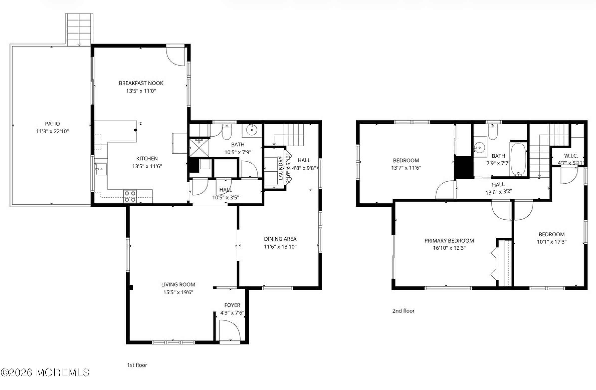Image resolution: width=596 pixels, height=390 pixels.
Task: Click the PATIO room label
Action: [x=52, y=123]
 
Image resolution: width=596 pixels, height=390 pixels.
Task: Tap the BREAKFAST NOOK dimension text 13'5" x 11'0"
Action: [x=141, y=91]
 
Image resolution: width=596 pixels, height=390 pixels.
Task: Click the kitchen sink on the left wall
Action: [x=101, y=169]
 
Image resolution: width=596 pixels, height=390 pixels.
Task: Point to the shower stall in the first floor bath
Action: [x=199, y=148]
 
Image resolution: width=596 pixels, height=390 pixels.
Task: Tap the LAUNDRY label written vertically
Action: [x=280, y=168]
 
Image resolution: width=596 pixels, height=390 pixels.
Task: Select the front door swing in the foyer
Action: [x=229, y=330]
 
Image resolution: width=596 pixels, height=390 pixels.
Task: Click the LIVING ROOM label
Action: [x=178, y=285]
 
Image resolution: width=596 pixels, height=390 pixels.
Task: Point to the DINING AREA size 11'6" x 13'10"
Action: [x=280, y=247]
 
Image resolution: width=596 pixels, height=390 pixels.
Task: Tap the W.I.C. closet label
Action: [x=571, y=156]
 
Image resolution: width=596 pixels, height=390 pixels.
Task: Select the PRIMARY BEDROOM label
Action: [x=449, y=241]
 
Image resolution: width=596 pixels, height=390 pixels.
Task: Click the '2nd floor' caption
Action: [x=403, y=311]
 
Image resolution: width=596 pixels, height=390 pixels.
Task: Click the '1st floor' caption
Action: [x=137, y=365]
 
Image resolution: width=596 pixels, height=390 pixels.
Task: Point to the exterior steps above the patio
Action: [x=79, y=30]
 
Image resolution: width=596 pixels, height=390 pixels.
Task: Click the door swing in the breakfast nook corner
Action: [x=176, y=56]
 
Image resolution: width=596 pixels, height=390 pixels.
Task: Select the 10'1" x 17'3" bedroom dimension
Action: [x=551, y=242]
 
